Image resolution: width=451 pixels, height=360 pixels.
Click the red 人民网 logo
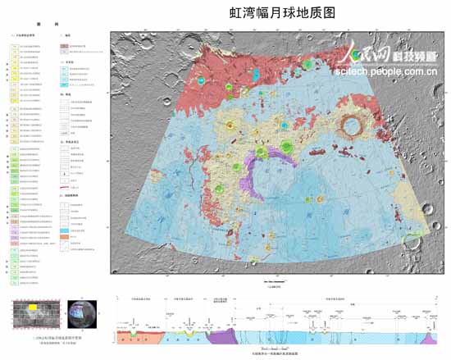tap(362, 53)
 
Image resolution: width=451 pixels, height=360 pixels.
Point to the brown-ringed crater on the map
tap(355, 127)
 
